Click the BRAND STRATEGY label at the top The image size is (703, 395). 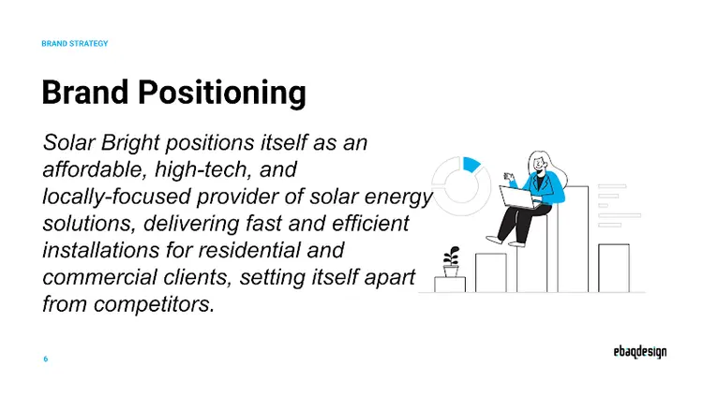[x=75, y=43]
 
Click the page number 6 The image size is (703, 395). [x=46, y=359]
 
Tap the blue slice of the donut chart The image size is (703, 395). [x=471, y=164]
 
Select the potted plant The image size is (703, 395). [x=452, y=258]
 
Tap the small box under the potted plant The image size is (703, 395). [x=450, y=284]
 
